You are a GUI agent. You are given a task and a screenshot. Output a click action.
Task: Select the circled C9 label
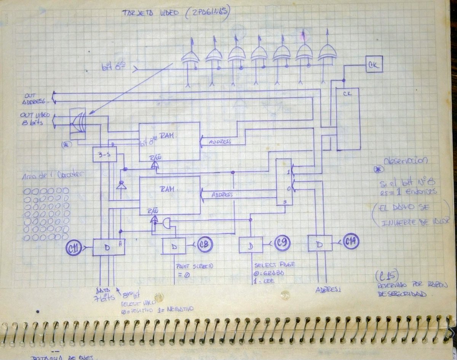pos(281,244)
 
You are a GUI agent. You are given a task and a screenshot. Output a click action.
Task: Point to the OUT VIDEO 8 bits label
pos(36,119)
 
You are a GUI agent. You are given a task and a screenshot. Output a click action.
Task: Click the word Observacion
pos(406,161)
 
